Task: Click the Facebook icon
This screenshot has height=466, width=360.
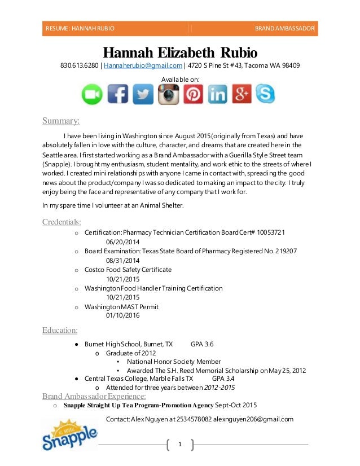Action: [117, 94]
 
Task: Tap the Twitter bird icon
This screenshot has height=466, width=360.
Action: [143, 94]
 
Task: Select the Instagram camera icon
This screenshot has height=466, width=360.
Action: [168, 94]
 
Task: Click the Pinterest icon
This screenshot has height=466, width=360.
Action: [192, 94]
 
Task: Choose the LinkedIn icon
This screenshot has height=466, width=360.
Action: [217, 94]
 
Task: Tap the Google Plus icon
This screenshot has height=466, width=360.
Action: [241, 94]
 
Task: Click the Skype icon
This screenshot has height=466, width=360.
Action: [265, 94]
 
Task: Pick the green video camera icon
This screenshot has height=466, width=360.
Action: [92, 94]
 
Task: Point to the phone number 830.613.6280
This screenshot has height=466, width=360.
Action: [79, 65]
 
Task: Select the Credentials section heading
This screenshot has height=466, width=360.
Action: [62, 222]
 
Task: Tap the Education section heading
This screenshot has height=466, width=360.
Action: [60, 330]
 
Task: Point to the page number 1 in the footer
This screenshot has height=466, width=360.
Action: [180, 445]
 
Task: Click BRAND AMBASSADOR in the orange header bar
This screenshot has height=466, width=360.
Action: [284, 28]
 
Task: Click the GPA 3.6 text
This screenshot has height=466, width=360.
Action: [202, 344]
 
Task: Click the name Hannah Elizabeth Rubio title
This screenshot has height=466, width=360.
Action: [180, 53]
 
